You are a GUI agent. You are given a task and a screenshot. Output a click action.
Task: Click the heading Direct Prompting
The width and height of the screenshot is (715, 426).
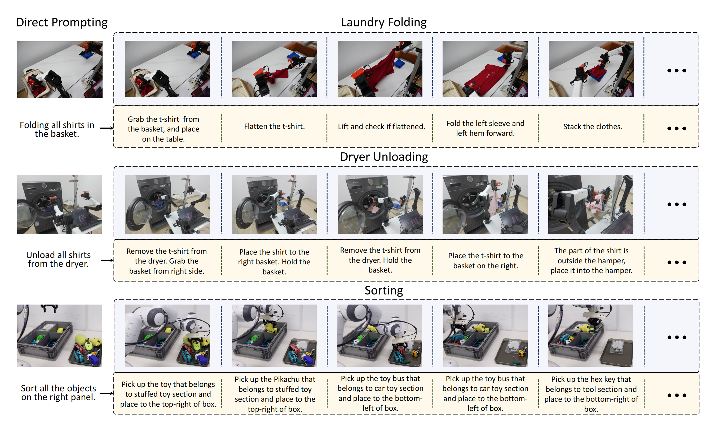(62, 22)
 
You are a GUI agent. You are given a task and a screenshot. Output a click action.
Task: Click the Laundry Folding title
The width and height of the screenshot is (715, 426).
(384, 22)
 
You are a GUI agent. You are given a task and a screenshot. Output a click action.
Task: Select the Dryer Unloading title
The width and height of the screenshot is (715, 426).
(384, 157)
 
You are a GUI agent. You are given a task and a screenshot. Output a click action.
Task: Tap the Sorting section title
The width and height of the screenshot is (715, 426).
(384, 290)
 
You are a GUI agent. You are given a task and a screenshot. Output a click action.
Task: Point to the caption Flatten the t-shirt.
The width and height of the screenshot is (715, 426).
(274, 126)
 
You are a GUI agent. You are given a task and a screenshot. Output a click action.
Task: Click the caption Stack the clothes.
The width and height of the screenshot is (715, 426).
(593, 126)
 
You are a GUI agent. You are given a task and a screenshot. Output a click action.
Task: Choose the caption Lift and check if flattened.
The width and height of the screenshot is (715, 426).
(381, 126)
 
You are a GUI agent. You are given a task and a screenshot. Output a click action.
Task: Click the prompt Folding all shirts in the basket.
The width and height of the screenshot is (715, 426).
(57, 129)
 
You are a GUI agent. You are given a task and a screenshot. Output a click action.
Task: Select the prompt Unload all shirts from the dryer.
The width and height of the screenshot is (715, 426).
(58, 259)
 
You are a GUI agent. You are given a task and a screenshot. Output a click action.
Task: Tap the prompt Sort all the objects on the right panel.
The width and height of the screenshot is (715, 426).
(58, 392)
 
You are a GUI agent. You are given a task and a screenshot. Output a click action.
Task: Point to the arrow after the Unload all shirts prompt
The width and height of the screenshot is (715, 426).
(107, 260)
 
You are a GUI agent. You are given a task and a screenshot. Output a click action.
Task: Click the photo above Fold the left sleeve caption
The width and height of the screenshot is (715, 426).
(485, 69)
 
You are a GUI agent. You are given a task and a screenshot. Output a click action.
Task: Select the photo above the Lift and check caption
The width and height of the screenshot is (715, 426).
(380, 69)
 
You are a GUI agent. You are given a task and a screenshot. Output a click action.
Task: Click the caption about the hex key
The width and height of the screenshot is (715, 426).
(591, 394)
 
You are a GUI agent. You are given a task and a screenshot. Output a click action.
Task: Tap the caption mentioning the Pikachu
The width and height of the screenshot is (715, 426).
(275, 394)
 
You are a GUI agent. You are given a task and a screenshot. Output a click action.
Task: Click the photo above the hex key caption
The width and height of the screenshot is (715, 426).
(590, 336)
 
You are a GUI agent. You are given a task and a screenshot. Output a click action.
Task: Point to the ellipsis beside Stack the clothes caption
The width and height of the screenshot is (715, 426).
(677, 128)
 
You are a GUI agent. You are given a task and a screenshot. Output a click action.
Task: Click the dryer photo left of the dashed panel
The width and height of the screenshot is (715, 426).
(60, 204)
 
